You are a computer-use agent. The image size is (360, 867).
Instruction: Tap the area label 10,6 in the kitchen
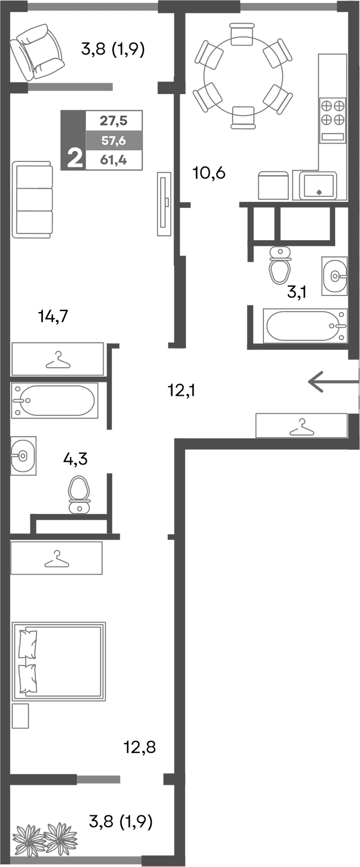[209, 173]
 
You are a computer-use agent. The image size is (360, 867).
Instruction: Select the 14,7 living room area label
[53, 317]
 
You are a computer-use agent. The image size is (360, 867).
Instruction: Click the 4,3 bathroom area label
[75, 459]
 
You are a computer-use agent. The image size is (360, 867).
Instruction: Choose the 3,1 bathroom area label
[297, 291]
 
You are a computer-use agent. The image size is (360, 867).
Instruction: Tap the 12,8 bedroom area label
[140, 747]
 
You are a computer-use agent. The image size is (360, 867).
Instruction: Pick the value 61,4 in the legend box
[113, 160]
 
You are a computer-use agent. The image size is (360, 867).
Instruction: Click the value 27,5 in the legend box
[113, 121]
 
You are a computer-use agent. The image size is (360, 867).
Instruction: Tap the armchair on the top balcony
[38, 53]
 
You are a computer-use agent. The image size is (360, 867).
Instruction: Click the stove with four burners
[333, 112]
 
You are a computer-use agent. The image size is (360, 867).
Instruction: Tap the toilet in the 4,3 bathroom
[79, 494]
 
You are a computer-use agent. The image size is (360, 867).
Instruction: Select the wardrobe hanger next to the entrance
[302, 425]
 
